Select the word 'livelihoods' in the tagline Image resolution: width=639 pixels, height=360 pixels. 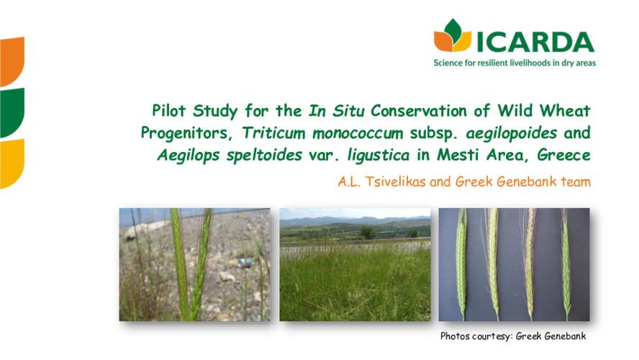click(521, 63)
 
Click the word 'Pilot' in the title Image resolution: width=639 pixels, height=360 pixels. click(169, 112)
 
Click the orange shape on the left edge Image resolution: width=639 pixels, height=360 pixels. click(12, 60)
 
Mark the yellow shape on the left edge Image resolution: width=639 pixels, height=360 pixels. click(12, 163)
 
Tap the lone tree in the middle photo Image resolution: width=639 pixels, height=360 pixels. click(368, 233)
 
